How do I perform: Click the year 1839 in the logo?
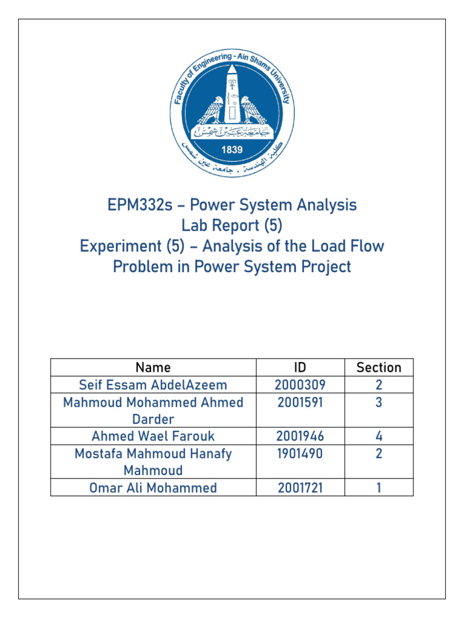coord(232,150)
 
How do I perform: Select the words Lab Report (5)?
coord(232,226)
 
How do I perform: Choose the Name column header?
coord(153,367)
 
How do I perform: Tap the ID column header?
coord(300,367)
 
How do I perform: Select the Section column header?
coord(379,367)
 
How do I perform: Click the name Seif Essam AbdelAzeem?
coord(153,385)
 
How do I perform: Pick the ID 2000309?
coord(300,385)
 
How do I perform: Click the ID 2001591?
coord(300,403)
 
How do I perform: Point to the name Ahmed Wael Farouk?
coord(153,436)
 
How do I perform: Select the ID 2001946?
coord(300,436)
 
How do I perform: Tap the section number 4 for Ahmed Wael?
coord(379,436)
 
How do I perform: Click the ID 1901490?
coord(300,454)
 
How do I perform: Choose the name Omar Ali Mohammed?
coord(153,488)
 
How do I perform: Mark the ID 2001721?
coord(300,488)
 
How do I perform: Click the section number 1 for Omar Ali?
coord(379,488)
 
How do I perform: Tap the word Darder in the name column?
coord(153,419)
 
